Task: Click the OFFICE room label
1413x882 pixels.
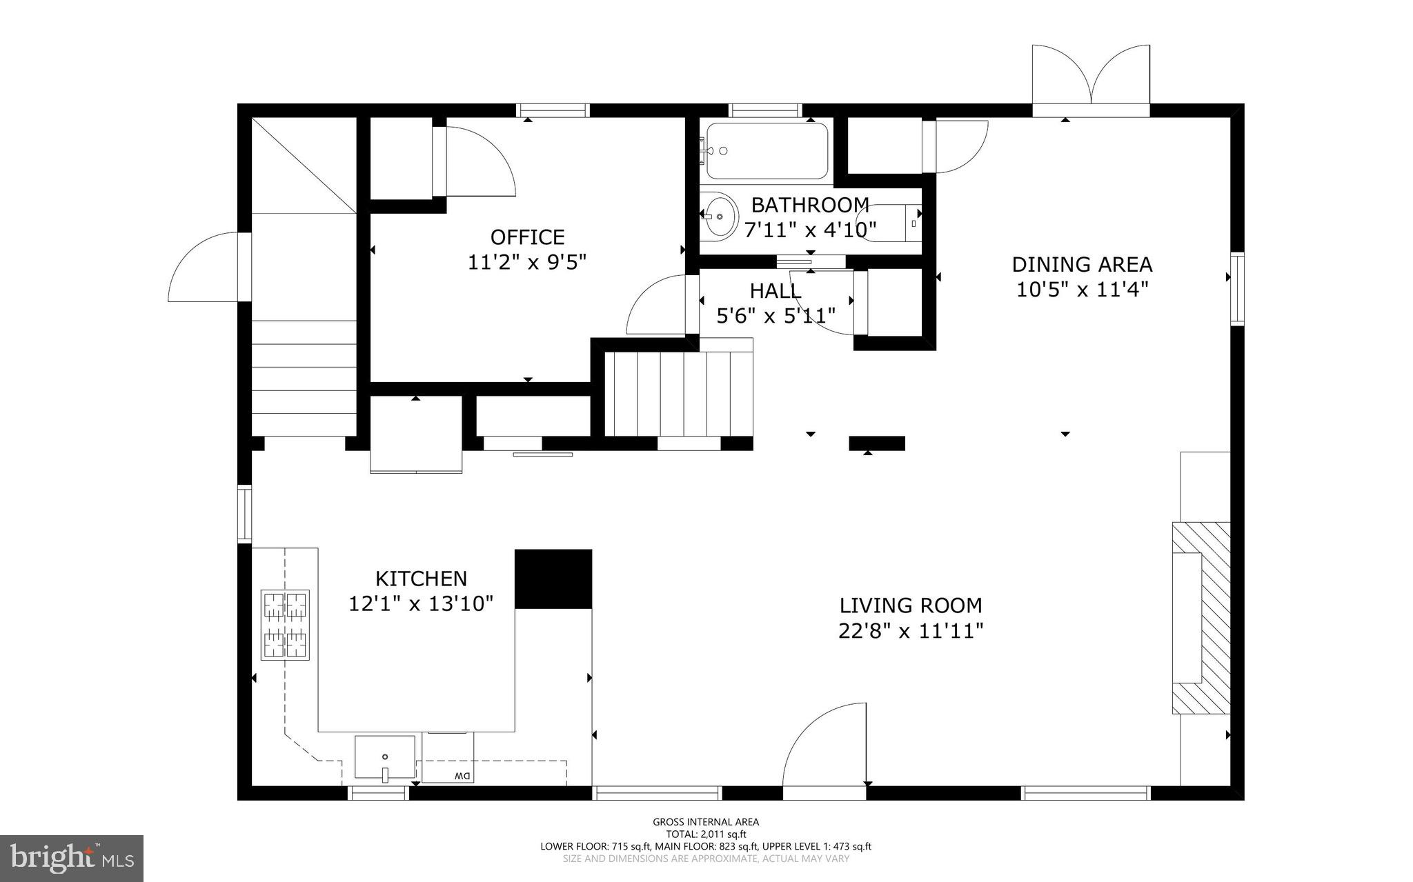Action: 527,237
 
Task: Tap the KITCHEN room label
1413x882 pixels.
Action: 421,579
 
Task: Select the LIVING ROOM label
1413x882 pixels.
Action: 911,605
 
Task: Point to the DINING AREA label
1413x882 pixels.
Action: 1082,264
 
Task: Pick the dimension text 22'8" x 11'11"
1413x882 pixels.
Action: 911,631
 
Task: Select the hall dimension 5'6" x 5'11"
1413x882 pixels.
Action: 776,316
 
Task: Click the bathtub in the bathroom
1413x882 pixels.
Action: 767,150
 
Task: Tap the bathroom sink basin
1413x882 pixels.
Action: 718,217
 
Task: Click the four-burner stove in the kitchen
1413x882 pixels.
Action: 285,624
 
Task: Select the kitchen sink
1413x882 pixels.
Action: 385,759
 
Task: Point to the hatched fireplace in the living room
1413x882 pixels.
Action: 1200,618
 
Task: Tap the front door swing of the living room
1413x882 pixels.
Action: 824,744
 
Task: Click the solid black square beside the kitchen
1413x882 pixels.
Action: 553,579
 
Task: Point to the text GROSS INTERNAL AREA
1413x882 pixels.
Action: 706,822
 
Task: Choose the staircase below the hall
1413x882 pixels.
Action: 678,393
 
